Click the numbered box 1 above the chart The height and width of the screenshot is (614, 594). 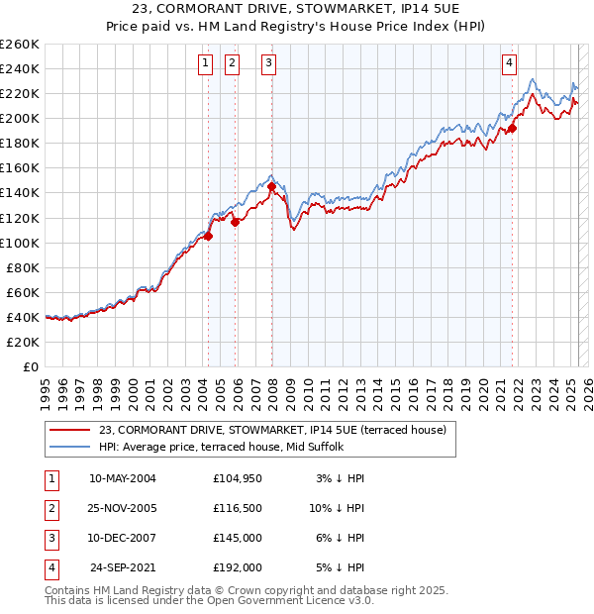click(205, 64)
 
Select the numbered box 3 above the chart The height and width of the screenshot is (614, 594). click(268, 64)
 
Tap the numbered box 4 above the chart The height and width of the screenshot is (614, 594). click(509, 64)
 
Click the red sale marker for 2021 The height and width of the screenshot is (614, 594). click(513, 128)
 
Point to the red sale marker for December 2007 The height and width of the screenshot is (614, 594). click(271, 186)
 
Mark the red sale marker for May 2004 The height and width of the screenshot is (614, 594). click(209, 236)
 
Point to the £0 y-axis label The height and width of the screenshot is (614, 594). click(32, 366)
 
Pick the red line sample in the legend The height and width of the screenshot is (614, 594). click(70, 430)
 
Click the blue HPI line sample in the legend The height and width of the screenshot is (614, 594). click(70, 447)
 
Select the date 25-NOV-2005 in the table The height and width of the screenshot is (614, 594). click(123, 508)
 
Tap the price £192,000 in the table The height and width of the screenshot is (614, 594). click(238, 567)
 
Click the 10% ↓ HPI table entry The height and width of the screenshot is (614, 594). click(337, 508)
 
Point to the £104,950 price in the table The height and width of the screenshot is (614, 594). click(238, 478)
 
